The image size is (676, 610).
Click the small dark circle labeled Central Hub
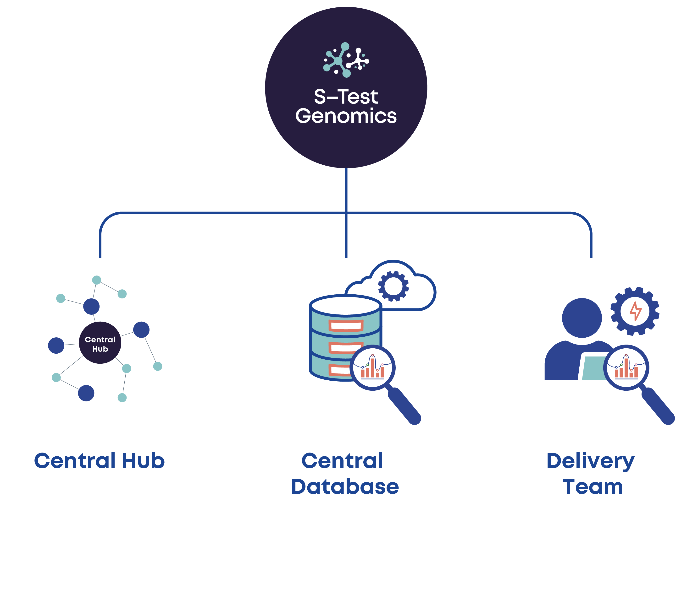(100, 343)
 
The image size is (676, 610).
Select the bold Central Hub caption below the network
(99, 461)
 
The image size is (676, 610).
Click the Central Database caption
(345, 474)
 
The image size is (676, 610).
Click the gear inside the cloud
(393, 286)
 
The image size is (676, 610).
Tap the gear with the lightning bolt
(635, 311)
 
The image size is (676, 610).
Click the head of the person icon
(582, 318)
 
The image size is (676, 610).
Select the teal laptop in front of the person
(593, 368)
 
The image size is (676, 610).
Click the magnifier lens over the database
(372, 367)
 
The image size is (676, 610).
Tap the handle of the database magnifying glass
(404, 406)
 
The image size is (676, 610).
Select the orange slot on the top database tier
(346, 325)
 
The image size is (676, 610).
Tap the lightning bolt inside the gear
(635, 311)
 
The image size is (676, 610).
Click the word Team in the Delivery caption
(593, 487)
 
